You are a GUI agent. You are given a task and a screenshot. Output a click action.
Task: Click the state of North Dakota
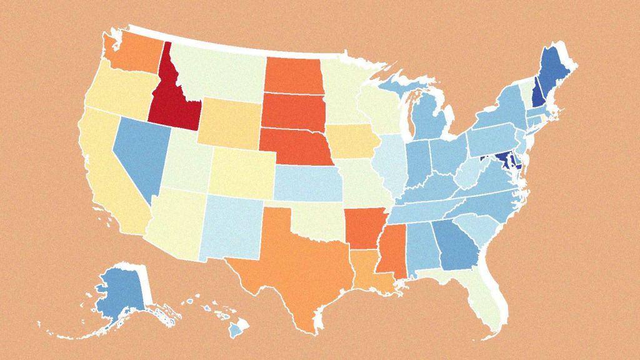[x=294, y=75]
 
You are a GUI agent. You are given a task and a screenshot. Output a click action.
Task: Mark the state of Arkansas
[x=362, y=228]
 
